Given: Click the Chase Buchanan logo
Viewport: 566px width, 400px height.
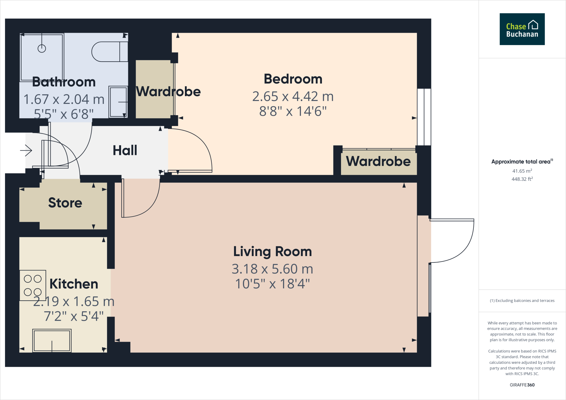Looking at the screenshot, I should (x=522, y=29).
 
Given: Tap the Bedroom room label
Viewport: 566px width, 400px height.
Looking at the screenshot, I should (x=293, y=79).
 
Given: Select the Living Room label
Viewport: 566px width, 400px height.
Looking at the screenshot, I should (x=272, y=252).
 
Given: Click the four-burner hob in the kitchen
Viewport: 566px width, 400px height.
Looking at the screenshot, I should (x=33, y=285).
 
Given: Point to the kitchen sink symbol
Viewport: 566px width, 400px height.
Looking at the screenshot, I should (x=52, y=341).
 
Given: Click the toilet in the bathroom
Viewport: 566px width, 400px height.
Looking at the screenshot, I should (x=109, y=52).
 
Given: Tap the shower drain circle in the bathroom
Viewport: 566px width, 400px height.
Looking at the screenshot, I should (x=42, y=49).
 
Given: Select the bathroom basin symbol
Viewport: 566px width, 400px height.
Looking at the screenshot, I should (x=118, y=102).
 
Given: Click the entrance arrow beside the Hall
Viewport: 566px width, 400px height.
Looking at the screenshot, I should (x=26, y=151).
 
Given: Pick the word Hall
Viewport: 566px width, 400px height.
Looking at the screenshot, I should (x=125, y=151).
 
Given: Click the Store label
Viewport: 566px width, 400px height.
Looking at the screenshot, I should (x=65, y=203).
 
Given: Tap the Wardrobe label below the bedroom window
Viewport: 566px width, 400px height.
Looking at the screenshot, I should (x=378, y=161).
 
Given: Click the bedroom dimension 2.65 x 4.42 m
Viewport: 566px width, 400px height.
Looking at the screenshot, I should (x=293, y=96).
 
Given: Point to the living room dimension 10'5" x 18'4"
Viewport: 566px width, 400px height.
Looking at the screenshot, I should (x=272, y=284).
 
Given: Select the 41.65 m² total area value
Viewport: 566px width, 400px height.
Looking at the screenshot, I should (x=522, y=171).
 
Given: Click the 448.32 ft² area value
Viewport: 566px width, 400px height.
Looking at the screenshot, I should (x=522, y=179).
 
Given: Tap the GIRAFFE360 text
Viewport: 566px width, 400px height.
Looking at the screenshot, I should (x=522, y=385).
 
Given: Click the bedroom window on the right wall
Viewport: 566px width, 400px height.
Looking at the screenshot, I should (x=424, y=117).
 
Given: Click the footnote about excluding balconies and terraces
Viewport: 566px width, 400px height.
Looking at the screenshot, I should (x=522, y=301).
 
